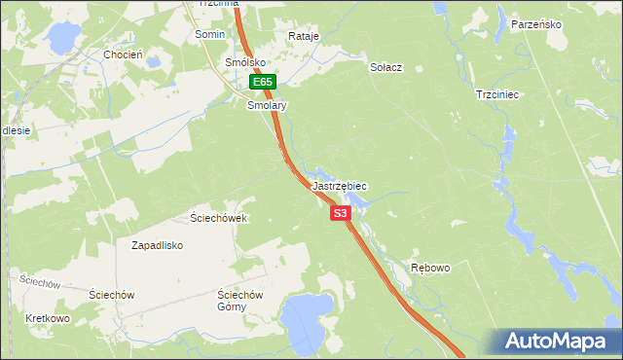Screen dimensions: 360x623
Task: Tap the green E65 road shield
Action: click(x=261, y=84)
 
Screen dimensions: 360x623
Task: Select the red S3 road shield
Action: click(x=340, y=212)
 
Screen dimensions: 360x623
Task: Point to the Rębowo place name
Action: click(x=430, y=268)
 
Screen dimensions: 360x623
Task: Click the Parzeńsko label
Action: click(x=536, y=24)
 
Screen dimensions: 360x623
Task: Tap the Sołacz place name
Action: click(x=386, y=68)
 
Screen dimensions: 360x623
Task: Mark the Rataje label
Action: click(x=304, y=37)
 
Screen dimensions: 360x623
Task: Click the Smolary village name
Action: click(x=268, y=104)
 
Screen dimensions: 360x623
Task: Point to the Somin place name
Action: click(x=210, y=34)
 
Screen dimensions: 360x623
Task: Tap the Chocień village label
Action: click(x=124, y=55)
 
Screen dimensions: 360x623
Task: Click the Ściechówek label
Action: click(x=219, y=218)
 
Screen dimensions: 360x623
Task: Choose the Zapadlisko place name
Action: click(x=158, y=246)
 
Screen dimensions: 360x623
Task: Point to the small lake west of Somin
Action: click(x=64, y=37)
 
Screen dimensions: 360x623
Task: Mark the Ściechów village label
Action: click(x=111, y=294)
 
